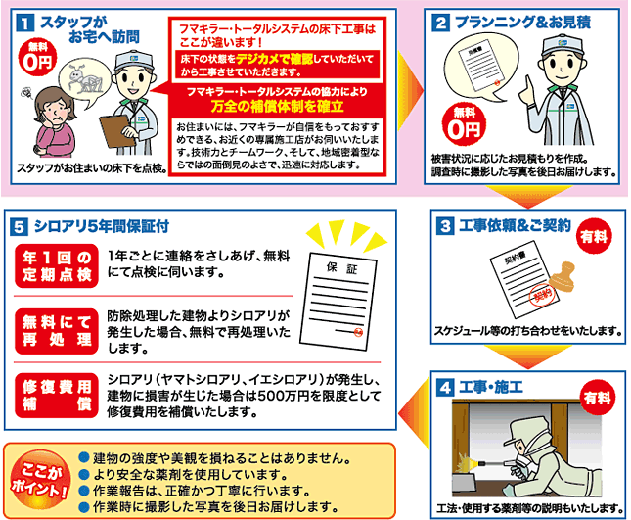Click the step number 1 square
[x=25, y=23]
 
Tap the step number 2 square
[x=440, y=23]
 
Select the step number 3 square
[x=445, y=226]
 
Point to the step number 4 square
[x=445, y=388]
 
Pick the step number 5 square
[x=19, y=227]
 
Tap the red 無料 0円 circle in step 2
[x=464, y=123]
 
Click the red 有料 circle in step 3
[x=594, y=236]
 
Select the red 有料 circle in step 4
[x=598, y=398]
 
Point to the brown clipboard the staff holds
[x=118, y=131]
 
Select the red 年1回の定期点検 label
[x=57, y=265]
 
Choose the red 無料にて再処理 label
[x=57, y=331]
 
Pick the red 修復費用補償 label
[x=57, y=396]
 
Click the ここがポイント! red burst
[x=39, y=481]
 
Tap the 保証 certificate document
[x=338, y=302]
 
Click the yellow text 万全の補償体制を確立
[x=277, y=106]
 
